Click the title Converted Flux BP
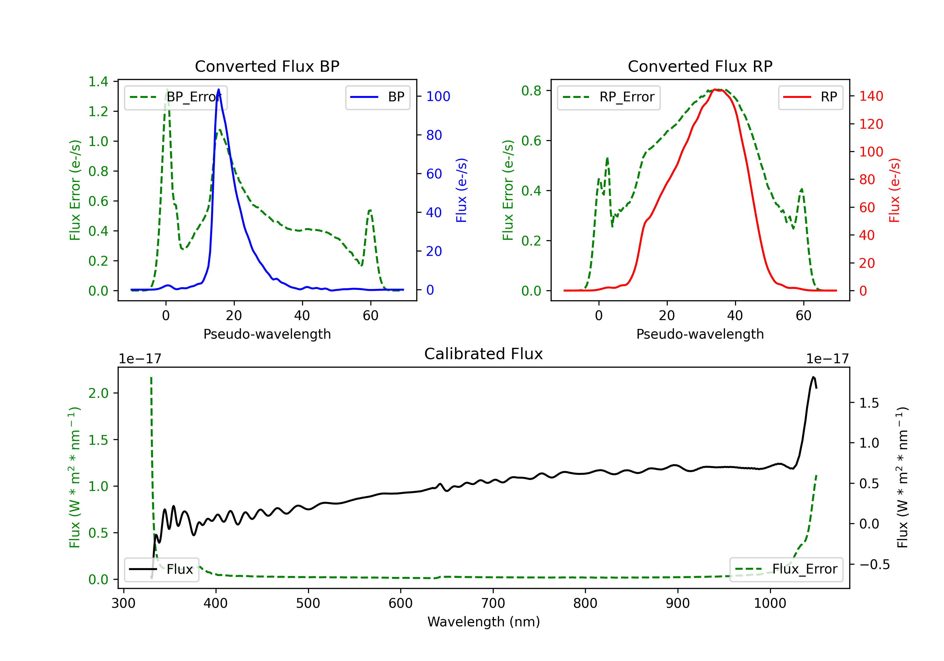(267, 66)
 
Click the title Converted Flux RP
(700, 66)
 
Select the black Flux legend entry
(162, 569)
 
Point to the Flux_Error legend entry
(786, 569)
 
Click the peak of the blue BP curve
(218, 89)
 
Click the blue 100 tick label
(438, 96)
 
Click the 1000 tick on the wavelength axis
(770, 603)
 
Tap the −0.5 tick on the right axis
(874, 564)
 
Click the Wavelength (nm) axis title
(484, 622)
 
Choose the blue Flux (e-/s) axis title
(461, 190)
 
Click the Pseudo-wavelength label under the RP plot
(700, 334)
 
